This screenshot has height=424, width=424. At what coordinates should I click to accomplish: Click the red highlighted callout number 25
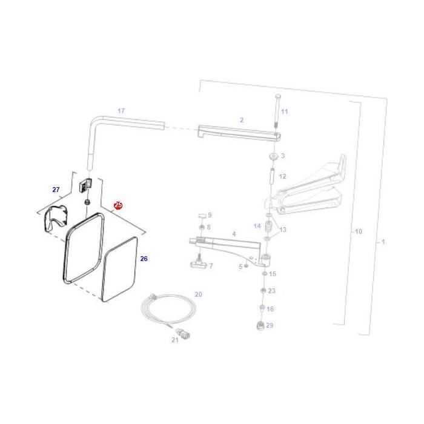(x=118, y=205)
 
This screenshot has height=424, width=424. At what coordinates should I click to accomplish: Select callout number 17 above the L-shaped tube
(x=121, y=111)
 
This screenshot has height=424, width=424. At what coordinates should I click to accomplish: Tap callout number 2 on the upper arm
(x=241, y=120)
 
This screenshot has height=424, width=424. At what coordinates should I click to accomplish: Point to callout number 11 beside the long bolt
(x=285, y=111)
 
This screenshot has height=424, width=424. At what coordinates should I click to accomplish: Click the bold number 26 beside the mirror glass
(x=144, y=259)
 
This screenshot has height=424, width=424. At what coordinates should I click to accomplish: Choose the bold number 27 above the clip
(x=56, y=190)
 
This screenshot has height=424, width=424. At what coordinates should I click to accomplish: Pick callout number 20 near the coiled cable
(x=198, y=294)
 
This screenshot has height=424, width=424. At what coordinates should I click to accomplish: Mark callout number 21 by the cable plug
(x=174, y=340)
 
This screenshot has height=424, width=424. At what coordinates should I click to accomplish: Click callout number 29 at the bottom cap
(x=270, y=325)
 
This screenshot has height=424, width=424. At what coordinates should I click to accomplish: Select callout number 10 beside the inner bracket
(x=358, y=231)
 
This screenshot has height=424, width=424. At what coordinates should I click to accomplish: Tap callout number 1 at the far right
(x=382, y=242)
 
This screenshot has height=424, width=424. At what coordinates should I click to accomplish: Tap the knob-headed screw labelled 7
(x=196, y=262)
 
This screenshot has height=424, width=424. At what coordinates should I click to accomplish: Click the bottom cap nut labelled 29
(x=259, y=325)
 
